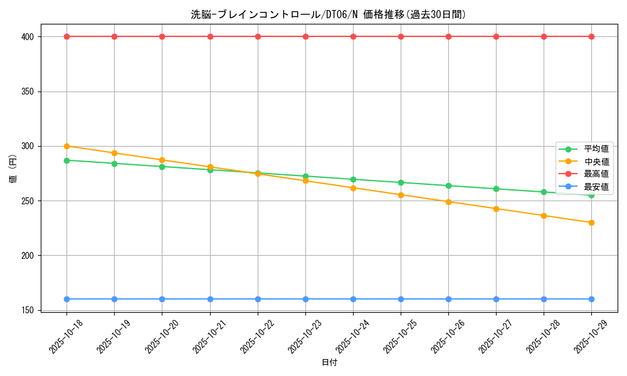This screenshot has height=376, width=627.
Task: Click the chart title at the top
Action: point(329,14)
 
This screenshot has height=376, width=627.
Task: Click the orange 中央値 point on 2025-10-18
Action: point(66,146)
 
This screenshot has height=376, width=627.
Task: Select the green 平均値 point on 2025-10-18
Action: point(66,160)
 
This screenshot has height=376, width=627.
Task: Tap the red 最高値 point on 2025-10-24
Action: point(353,36)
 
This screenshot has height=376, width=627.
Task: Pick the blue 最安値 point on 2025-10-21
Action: point(210,299)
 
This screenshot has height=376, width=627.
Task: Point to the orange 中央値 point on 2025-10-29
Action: point(591,222)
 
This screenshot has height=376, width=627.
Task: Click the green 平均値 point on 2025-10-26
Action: point(448,185)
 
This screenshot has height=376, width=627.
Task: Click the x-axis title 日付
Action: point(329,363)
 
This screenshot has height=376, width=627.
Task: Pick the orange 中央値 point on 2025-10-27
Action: point(496,209)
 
